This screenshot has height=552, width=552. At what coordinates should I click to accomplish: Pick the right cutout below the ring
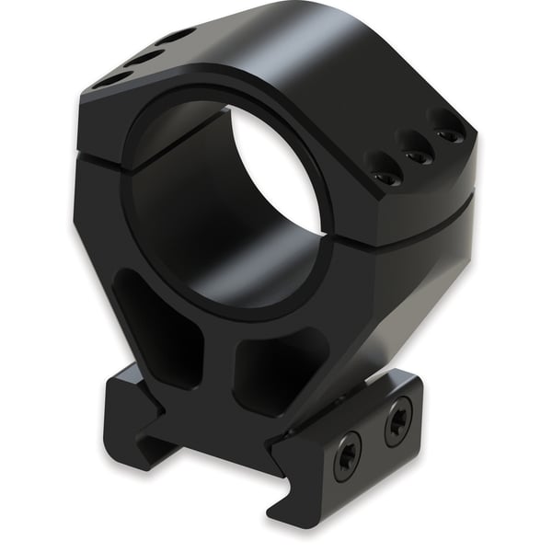276,368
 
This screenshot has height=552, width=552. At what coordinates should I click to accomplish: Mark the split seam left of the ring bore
101,155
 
